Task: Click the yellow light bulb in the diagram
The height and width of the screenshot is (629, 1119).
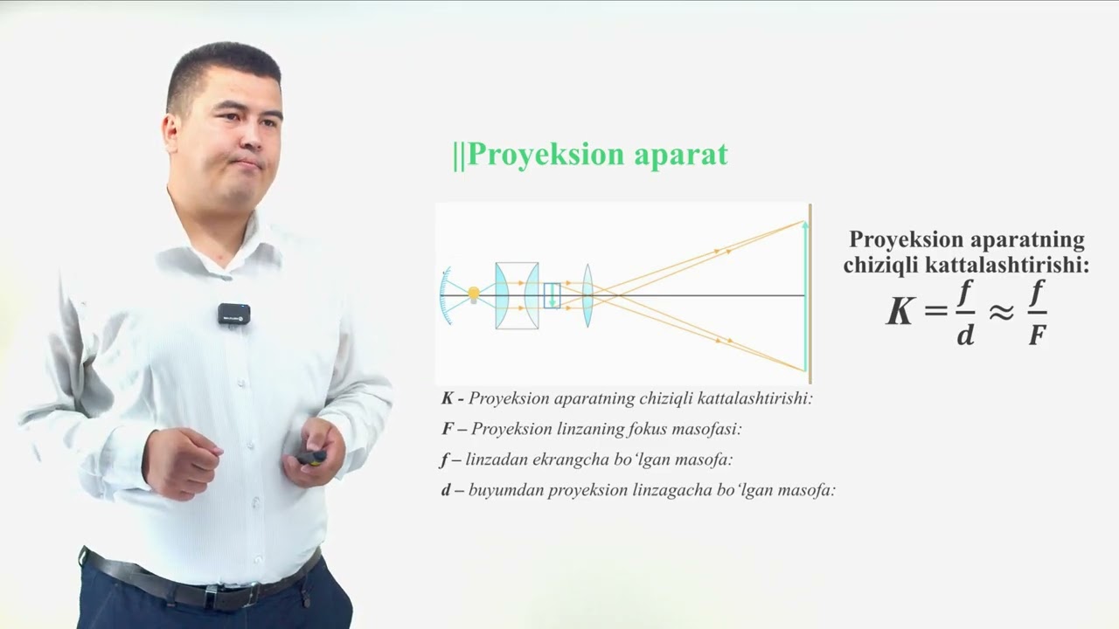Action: coord(474,294)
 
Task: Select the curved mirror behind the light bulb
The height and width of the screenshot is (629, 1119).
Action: coord(446,295)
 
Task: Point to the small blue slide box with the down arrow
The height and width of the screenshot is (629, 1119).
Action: coord(552,295)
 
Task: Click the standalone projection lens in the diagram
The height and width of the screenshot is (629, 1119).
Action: coord(587,295)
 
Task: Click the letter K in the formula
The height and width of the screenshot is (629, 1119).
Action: coord(900,312)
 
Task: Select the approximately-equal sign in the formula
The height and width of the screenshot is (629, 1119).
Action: coord(1000,312)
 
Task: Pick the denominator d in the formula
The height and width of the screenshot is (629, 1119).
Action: coord(964,335)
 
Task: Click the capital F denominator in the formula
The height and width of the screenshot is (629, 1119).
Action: coord(1037,335)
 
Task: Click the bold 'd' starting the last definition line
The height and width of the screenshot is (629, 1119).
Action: coord(446,490)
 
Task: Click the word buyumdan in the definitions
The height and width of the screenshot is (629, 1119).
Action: coord(502,490)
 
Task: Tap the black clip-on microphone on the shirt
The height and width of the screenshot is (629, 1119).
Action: coord(233,314)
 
